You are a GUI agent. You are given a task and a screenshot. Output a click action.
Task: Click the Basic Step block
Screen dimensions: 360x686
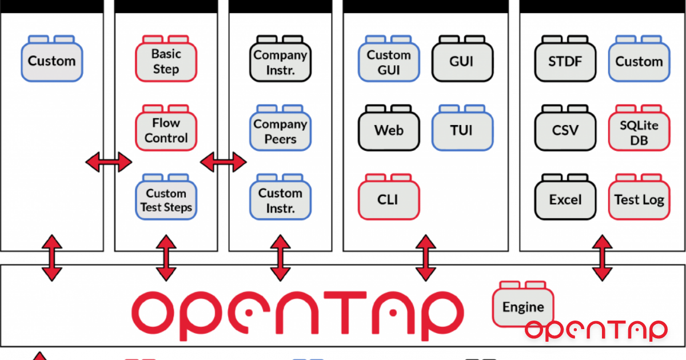pos(166,61)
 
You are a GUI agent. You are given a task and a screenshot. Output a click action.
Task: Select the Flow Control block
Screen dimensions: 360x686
pos(166,130)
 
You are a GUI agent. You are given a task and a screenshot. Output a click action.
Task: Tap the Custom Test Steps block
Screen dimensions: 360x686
pos(166,200)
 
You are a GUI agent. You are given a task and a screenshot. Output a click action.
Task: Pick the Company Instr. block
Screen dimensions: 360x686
pos(280,61)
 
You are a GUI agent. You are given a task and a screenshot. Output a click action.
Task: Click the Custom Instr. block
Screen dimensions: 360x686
pos(280,200)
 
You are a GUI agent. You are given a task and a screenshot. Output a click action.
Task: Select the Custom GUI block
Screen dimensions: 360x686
pos(389,61)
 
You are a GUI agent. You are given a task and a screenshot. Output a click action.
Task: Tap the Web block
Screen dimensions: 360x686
pos(389,130)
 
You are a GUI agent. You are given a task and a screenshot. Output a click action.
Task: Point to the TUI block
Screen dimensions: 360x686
pos(461,130)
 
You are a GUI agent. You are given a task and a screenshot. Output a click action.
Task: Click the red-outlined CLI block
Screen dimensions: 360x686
pos(389,200)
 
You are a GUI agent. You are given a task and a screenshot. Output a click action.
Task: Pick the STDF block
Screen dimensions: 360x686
pos(565,61)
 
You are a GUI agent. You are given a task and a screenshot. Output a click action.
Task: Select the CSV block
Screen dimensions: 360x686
pos(565,130)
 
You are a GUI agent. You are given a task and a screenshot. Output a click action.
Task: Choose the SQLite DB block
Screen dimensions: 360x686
pos(639,131)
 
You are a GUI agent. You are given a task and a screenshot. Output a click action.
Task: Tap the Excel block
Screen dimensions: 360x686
pos(565,200)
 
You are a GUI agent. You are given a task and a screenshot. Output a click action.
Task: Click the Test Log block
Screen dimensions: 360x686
pos(639,200)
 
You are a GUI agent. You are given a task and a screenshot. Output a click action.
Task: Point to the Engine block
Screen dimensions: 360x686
pos(523,307)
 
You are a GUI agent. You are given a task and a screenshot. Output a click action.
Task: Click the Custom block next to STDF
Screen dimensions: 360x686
pos(639,61)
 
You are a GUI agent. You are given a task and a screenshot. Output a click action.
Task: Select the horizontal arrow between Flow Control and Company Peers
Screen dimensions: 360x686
pos(224,162)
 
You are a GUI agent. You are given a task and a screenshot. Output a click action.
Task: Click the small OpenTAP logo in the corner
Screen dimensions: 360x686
pos(596,330)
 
